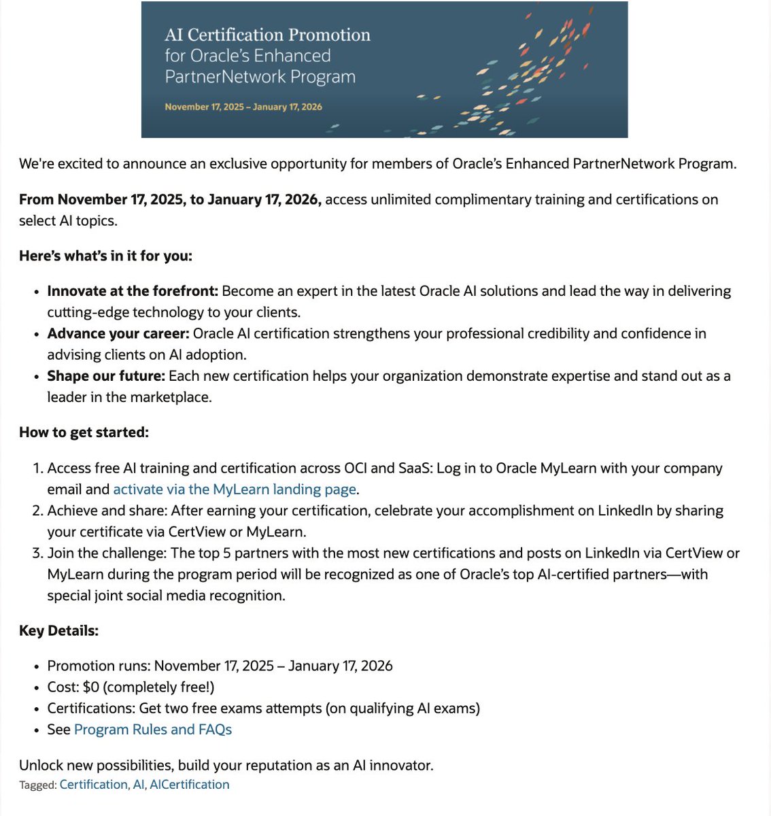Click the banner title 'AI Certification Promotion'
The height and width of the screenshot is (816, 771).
click(267, 35)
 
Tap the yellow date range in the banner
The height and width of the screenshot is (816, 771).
click(243, 107)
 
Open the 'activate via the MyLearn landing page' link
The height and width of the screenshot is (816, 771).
click(235, 490)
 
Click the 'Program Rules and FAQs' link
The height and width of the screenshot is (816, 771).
click(153, 730)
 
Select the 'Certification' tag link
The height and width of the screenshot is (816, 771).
click(93, 785)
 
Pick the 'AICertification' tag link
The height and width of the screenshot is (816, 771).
click(190, 785)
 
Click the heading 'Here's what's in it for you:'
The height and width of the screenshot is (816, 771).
click(105, 256)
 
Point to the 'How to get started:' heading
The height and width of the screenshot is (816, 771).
click(84, 432)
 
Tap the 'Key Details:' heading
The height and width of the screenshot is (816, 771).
click(58, 631)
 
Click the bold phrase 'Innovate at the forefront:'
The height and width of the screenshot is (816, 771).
click(133, 292)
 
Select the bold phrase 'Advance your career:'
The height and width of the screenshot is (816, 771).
click(118, 334)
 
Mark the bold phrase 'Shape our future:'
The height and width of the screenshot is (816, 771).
click(106, 376)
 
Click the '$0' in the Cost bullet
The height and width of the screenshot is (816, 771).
click(91, 687)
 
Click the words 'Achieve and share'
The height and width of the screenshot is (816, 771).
click(105, 511)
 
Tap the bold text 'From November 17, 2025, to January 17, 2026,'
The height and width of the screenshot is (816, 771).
click(170, 200)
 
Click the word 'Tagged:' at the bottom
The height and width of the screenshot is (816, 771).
click(38, 785)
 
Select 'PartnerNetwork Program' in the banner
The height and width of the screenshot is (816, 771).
click(260, 77)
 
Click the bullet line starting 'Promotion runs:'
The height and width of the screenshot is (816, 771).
click(220, 666)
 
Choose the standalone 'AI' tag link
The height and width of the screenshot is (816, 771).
click(139, 785)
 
